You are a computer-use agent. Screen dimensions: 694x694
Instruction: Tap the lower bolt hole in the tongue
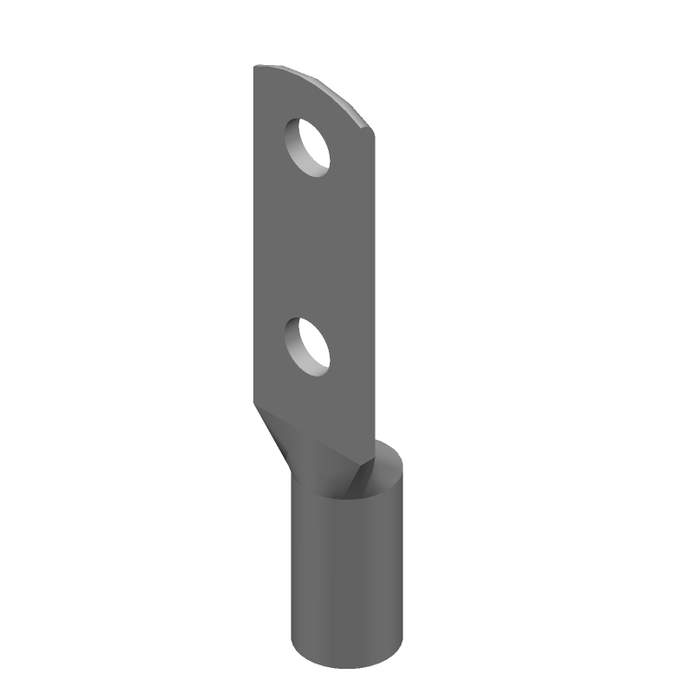pos(310,345)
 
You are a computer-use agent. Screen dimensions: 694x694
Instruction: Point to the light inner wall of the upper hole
pos(299,150)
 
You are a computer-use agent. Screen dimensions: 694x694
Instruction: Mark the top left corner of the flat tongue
pos(255,68)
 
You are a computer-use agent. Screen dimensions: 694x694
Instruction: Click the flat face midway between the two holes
pos(312,247)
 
